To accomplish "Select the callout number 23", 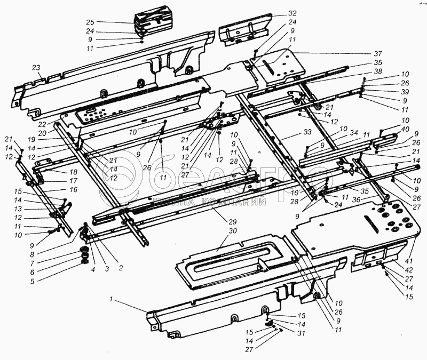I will pos(36,68).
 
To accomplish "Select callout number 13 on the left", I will pos(19,209).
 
